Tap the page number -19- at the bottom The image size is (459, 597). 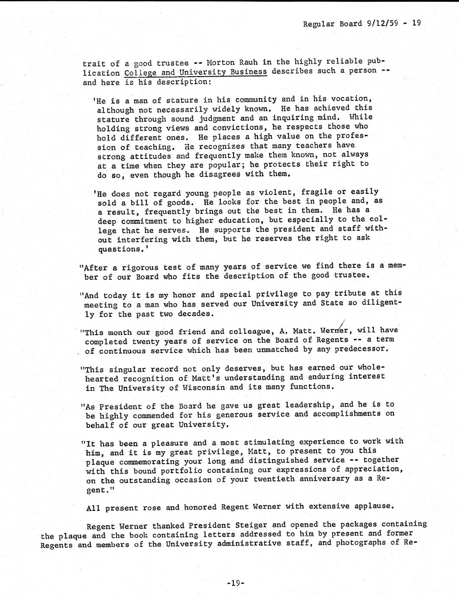point(236,583)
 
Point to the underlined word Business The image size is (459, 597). point(249,71)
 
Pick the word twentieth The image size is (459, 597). point(273,479)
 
